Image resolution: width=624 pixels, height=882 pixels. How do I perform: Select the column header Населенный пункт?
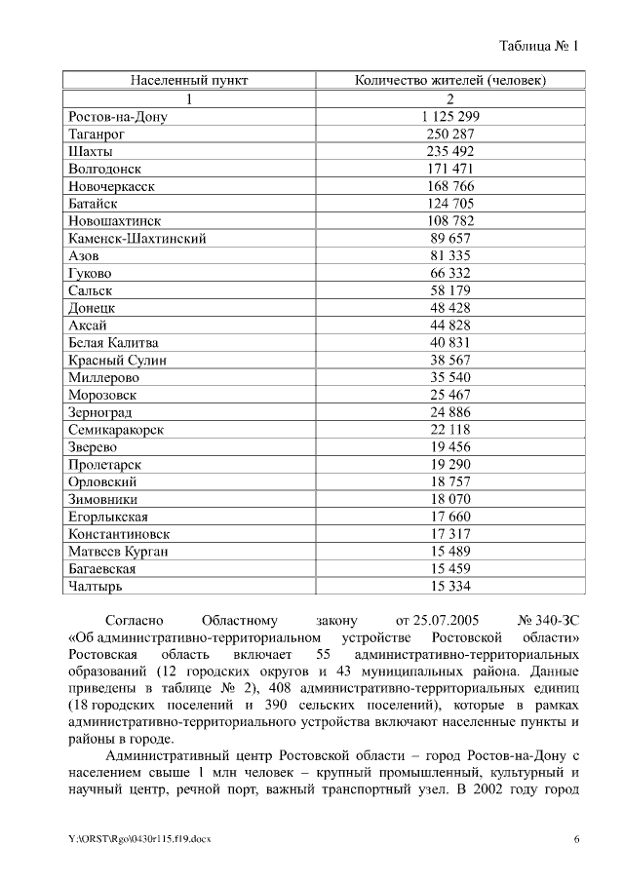(x=189, y=80)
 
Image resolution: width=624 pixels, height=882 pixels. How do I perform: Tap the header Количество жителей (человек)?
(x=449, y=80)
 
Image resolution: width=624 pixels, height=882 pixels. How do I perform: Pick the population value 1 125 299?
(x=449, y=116)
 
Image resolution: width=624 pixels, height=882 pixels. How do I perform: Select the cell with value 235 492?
(x=449, y=151)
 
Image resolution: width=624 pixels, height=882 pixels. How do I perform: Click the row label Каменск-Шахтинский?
(x=137, y=239)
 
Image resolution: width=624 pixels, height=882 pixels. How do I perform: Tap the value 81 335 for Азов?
(x=449, y=256)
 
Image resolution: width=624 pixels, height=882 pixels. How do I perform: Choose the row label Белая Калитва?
(x=113, y=343)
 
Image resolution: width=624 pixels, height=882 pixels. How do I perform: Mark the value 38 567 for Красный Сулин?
(x=449, y=361)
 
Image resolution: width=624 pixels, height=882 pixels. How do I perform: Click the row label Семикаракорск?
(x=116, y=430)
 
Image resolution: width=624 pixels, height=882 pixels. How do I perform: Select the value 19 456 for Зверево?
(x=449, y=447)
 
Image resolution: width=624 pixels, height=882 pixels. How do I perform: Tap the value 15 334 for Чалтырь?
(x=449, y=587)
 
